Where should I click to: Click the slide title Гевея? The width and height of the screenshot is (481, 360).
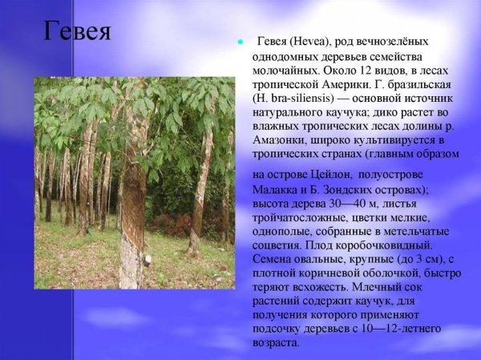pos(76,32)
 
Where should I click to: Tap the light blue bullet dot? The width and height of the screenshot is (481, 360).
pos(239,42)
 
